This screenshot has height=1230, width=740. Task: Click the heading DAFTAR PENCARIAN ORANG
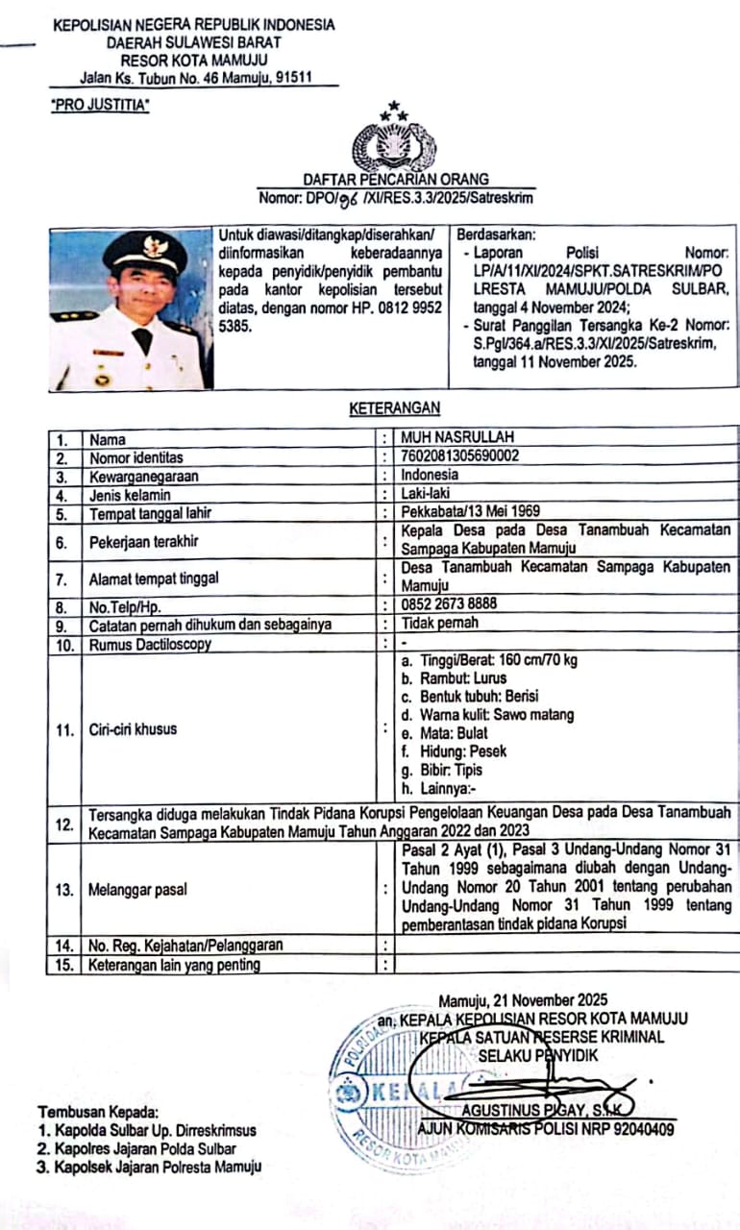click(395, 179)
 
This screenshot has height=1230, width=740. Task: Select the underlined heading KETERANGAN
click(394, 408)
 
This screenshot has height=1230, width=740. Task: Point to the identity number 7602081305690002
click(459, 456)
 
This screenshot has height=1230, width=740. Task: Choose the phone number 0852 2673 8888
click(449, 606)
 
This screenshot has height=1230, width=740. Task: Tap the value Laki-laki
click(427, 494)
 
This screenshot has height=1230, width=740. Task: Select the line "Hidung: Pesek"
click(454, 750)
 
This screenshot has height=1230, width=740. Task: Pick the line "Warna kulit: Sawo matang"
click(488, 714)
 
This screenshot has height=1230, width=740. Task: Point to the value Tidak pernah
click(439, 624)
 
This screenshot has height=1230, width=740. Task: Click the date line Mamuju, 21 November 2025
click(523, 1000)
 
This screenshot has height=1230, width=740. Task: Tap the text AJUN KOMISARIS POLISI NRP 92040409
click(546, 1129)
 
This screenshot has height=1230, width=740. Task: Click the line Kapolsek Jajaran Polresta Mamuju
click(149, 1167)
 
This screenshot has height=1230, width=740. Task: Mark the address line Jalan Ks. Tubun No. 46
click(198, 78)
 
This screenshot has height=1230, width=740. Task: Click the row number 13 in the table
click(64, 890)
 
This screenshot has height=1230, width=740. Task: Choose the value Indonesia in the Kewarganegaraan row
click(430, 475)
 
